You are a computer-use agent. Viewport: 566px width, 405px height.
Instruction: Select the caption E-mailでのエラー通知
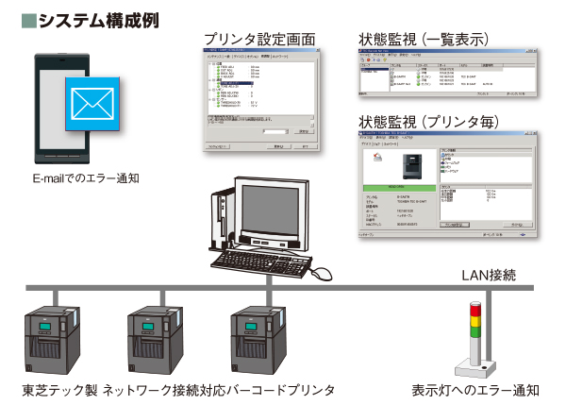(86, 177)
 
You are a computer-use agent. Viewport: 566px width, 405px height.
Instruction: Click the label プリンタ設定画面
(259, 39)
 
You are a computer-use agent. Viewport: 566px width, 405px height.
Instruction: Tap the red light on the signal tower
(474, 309)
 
